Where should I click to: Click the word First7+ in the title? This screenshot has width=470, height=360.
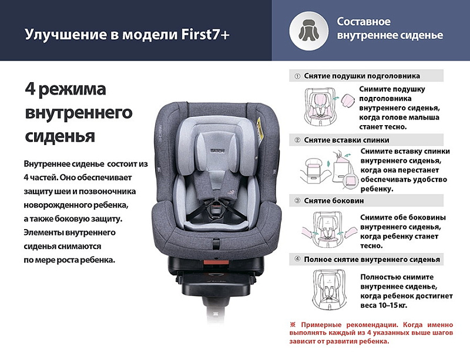pyautogui.click(x=205, y=34)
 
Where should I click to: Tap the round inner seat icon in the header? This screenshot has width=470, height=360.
pyautogui.click(x=309, y=31)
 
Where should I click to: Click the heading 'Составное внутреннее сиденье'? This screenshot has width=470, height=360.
pyautogui.click(x=390, y=28)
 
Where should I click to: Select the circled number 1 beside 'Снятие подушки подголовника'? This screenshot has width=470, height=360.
pyautogui.click(x=297, y=76)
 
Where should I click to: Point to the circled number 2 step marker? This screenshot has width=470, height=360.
pyautogui.click(x=297, y=140)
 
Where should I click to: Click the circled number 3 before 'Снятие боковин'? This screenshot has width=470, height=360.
pyautogui.click(x=297, y=200)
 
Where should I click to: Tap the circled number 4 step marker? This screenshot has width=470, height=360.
pyautogui.click(x=297, y=260)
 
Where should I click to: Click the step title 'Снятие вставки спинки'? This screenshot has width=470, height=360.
pyautogui.click(x=347, y=140)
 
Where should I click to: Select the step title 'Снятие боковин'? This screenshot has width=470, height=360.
pyautogui.click(x=334, y=200)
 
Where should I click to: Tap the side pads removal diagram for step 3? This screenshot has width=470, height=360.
pyautogui.click(x=330, y=229)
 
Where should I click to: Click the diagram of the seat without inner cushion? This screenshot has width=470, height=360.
pyautogui.click(x=329, y=290)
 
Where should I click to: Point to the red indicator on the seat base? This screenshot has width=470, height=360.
pyautogui.click(x=216, y=262)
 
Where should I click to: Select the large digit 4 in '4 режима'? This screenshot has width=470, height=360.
pyautogui.click(x=31, y=89)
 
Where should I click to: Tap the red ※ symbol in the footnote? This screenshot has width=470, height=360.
pyautogui.click(x=293, y=325)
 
